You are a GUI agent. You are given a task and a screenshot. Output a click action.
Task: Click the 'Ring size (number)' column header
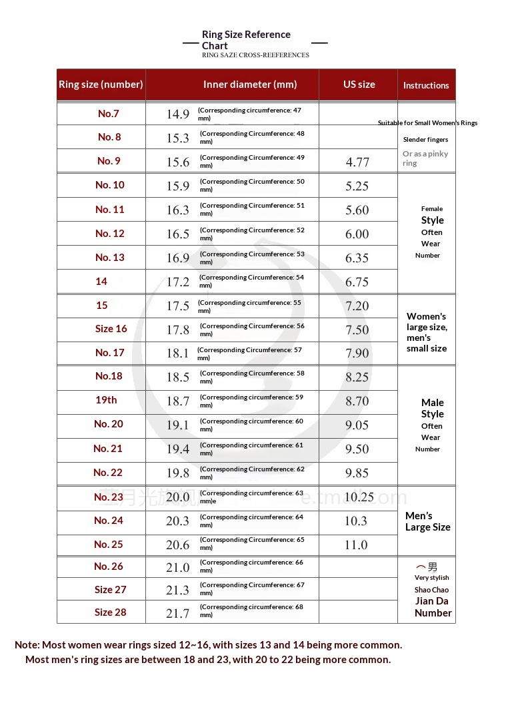(x=101, y=85)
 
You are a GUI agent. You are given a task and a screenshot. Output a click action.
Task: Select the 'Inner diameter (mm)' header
(x=250, y=85)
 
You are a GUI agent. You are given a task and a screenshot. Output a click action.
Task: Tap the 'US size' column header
(x=359, y=85)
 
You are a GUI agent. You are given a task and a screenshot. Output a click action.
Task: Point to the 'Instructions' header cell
(x=426, y=85)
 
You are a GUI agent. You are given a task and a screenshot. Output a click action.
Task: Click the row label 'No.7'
(x=108, y=114)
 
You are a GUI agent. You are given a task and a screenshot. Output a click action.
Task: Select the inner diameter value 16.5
(x=178, y=234)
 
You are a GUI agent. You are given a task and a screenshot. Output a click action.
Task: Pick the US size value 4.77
(x=357, y=162)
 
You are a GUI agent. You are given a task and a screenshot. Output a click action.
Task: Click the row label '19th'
(x=106, y=400)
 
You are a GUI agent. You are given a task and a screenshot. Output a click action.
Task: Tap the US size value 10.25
(x=359, y=497)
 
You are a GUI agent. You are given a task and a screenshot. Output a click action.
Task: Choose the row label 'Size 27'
(x=110, y=590)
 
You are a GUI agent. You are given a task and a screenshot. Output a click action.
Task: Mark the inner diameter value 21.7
(x=178, y=613)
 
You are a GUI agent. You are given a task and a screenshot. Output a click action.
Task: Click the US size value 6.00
(x=357, y=234)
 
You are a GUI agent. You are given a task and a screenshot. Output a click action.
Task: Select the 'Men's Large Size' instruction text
(x=427, y=521)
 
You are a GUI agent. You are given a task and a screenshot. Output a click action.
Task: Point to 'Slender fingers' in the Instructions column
(x=425, y=140)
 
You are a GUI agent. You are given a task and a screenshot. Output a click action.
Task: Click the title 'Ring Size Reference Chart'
(x=246, y=40)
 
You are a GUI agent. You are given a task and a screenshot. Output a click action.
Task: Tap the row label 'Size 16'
(x=111, y=329)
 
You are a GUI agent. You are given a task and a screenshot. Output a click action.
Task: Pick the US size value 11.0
(x=356, y=545)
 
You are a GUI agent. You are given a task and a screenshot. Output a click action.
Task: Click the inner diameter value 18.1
(x=178, y=353)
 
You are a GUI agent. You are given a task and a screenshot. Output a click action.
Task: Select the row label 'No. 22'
(x=108, y=473)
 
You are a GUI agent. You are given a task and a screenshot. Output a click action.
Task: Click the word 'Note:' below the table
(x=27, y=645)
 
